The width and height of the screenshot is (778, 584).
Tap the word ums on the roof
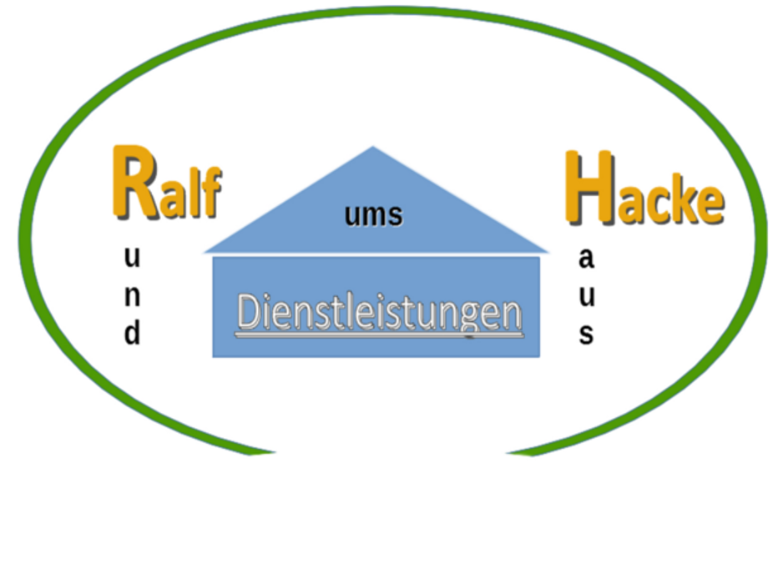click(x=373, y=215)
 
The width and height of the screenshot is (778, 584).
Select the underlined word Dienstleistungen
click(x=380, y=313)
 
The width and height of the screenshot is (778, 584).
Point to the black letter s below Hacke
click(x=586, y=334)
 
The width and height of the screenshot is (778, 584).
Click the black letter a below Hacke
click(x=586, y=259)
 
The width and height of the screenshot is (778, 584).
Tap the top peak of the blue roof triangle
click(x=373, y=149)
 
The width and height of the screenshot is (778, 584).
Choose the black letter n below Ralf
click(x=132, y=296)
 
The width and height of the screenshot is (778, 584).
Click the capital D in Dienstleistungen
click(x=248, y=312)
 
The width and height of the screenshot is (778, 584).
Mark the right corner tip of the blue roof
click(x=548, y=250)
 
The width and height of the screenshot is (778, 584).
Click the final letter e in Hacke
click(x=710, y=204)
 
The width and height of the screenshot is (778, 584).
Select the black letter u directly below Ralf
click(x=132, y=259)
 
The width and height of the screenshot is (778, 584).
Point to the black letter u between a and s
click(x=586, y=296)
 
